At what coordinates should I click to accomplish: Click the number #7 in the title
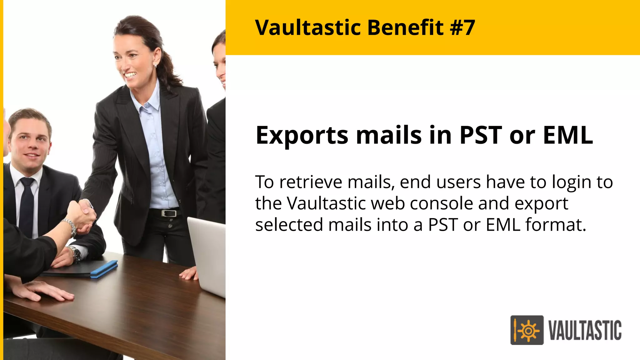point(462,27)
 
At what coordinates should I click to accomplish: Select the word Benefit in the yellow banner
point(405,27)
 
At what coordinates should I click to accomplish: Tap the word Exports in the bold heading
point(302,136)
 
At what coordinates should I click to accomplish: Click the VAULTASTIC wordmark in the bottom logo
point(585,330)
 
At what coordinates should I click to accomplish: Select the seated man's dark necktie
point(27,206)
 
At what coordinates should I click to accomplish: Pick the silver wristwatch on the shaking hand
point(71,227)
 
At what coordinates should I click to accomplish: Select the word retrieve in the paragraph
point(311,182)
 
